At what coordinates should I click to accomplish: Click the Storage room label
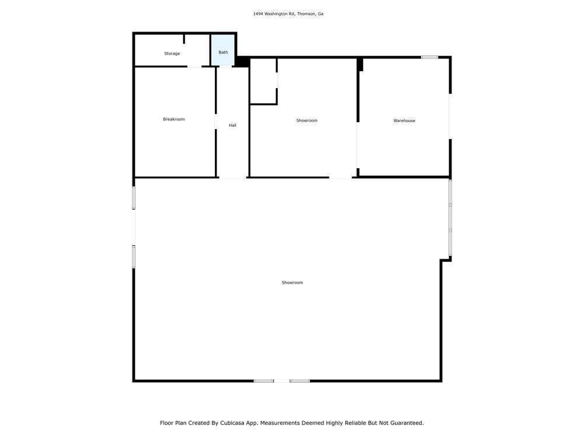(x=172, y=54)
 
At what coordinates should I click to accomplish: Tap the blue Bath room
(x=223, y=50)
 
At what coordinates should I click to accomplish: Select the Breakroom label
(x=174, y=119)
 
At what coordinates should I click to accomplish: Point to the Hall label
(x=232, y=126)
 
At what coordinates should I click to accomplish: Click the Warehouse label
(x=404, y=121)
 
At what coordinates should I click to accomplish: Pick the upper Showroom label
(x=307, y=121)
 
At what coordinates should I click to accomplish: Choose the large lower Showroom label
(x=293, y=283)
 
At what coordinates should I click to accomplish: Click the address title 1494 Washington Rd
(x=274, y=14)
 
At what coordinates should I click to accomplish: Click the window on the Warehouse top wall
(x=429, y=57)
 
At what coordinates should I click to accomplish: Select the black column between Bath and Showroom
(x=242, y=62)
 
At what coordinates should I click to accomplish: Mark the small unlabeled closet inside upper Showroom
(x=263, y=81)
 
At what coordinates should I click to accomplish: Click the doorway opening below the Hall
(x=232, y=178)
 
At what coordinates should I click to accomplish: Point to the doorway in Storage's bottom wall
(x=194, y=67)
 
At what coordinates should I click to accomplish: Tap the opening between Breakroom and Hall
(x=215, y=121)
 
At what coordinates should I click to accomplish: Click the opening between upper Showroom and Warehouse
(x=357, y=145)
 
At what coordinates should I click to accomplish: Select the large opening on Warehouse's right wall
(x=450, y=116)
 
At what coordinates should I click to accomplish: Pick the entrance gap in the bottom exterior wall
(x=282, y=381)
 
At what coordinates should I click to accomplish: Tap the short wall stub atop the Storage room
(x=183, y=39)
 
